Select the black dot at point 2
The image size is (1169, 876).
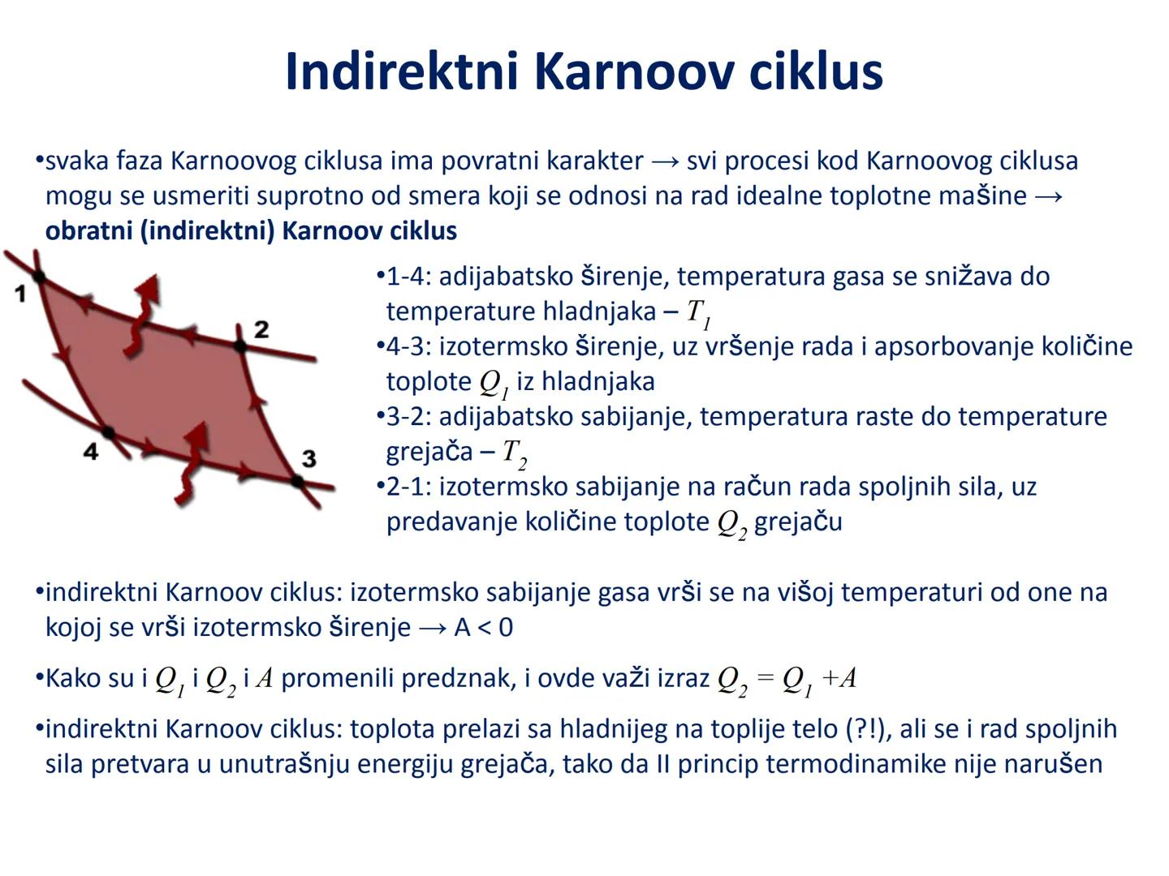click(x=239, y=346)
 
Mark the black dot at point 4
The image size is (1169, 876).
click(x=108, y=432)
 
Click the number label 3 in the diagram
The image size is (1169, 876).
click(x=308, y=458)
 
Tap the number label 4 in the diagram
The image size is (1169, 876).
click(x=91, y=452)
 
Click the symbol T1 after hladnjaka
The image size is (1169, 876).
click(x=698, y=312)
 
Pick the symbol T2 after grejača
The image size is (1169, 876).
click(x=514, y=453)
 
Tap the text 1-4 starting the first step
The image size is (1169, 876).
click(x=405, y=277)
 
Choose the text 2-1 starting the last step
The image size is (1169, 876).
click(x=405, y=487)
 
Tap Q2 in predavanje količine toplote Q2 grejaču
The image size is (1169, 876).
click(x=731, y=523)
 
